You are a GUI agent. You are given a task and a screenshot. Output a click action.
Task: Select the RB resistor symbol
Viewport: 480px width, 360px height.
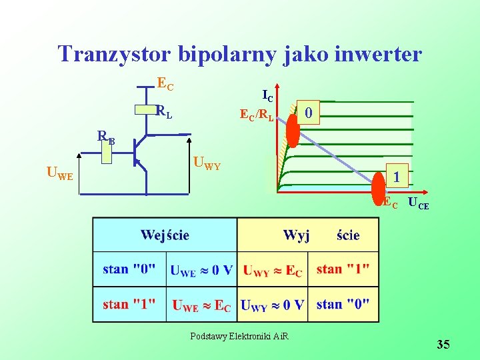click(106, 153)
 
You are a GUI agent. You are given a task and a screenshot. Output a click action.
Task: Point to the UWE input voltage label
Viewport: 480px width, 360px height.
click(60, 175)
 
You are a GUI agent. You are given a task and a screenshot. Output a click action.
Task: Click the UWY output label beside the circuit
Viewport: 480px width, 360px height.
click(207, 162)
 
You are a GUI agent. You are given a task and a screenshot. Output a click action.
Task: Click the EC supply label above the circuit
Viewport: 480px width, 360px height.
click(165, 84)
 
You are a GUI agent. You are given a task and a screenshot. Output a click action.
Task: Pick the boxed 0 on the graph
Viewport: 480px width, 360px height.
click(309, 113)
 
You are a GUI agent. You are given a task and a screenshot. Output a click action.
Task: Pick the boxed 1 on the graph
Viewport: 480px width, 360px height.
click(397, 177)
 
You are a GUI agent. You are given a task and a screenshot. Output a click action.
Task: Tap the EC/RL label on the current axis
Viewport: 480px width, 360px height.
click(256, 115)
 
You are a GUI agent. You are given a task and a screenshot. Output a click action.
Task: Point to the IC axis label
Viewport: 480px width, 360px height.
click(267, 95)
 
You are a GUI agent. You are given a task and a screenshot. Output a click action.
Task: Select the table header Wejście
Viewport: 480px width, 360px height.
click(165, 235)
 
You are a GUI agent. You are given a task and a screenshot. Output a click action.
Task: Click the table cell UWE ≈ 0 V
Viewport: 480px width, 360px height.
click(201, 270)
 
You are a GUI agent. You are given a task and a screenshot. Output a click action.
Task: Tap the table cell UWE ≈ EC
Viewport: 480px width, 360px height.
click(201, 305)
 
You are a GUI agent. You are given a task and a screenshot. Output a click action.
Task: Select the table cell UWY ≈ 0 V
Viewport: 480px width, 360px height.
click(273, 305)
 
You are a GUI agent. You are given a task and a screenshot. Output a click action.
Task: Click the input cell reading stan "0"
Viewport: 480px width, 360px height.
click(129, 269)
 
